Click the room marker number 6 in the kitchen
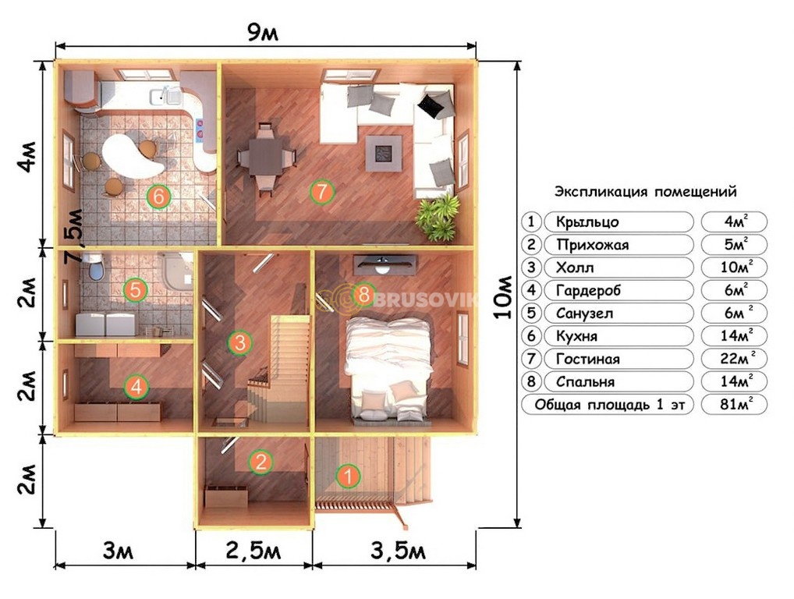158,197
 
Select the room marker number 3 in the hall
240,342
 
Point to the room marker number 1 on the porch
348,476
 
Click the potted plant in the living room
438,217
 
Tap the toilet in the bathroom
96,266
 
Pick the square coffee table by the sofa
384,152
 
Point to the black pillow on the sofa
433,106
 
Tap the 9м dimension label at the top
263,33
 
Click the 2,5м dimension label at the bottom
253,551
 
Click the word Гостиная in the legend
587,359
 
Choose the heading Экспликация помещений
645,192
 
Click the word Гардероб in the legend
588,291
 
